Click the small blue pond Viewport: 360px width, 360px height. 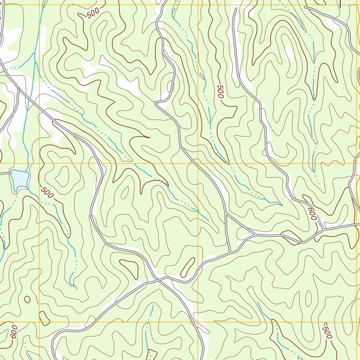[19, 178]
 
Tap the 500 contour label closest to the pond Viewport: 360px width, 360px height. [47, 193]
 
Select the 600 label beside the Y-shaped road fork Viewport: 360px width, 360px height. [312, 214]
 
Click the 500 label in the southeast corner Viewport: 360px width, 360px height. [327, 331]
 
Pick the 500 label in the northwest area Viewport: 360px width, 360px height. [93, 13]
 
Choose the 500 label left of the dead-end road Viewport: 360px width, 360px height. [220, 92]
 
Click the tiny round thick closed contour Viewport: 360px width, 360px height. [27, 299]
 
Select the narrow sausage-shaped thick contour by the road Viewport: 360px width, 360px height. [188, 267]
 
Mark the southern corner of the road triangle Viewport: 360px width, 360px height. [231, 252]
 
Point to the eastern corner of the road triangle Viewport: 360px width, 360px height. [255, 234]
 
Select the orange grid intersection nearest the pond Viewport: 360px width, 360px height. [39, 163]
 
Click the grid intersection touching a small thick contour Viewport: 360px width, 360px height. [39, 322]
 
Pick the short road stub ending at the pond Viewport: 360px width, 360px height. [5, 173]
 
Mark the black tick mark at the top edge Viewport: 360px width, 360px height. [340, 4]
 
